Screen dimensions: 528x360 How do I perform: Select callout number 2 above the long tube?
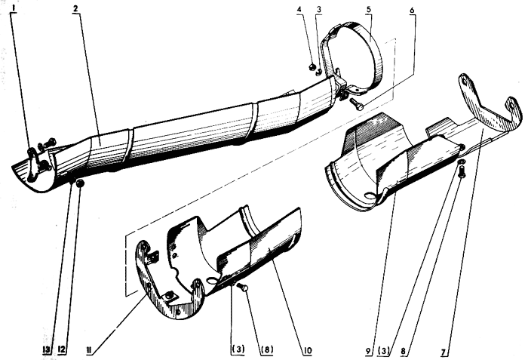(x=75, y=9)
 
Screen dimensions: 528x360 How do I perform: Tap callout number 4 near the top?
(x=299, y=10)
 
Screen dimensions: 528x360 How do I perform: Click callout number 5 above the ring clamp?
(x=369, y=9)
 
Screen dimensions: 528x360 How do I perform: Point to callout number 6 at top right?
(x=412, y=10)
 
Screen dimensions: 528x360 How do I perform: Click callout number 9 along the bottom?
(x=369, y=352)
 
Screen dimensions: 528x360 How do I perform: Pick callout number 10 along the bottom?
(x=308, y=350)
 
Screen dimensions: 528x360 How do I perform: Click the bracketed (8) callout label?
(x=267, y=350)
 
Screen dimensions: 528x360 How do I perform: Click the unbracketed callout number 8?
(x=404, y=352)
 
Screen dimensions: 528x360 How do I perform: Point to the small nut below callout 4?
(x=312, y=67)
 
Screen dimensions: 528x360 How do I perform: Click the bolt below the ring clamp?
(x=356, y=104)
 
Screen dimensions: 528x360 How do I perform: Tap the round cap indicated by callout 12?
(x=80, y=183)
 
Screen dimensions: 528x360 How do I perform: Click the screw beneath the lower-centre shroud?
(x=242, y=288)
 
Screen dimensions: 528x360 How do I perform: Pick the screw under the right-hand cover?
(x=462, y=171)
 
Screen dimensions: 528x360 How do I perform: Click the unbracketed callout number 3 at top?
(x=318, y=10)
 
